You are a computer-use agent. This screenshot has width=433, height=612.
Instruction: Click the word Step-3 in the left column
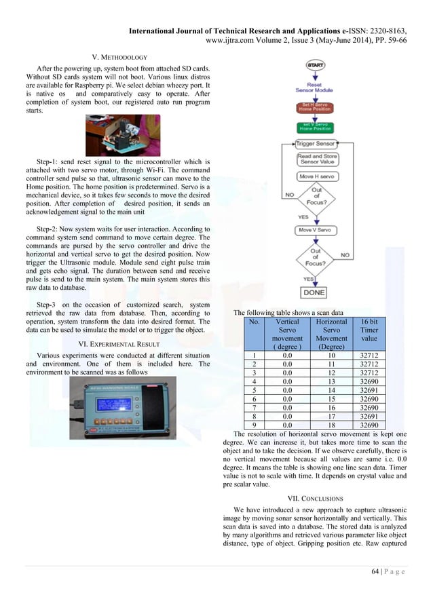coord(49,305)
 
